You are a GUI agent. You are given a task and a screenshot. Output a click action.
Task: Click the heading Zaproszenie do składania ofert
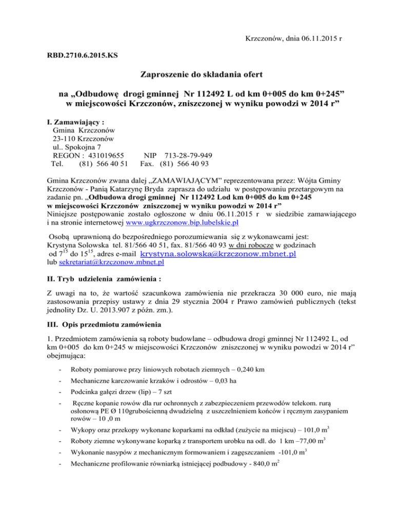(x=197, y=88)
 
